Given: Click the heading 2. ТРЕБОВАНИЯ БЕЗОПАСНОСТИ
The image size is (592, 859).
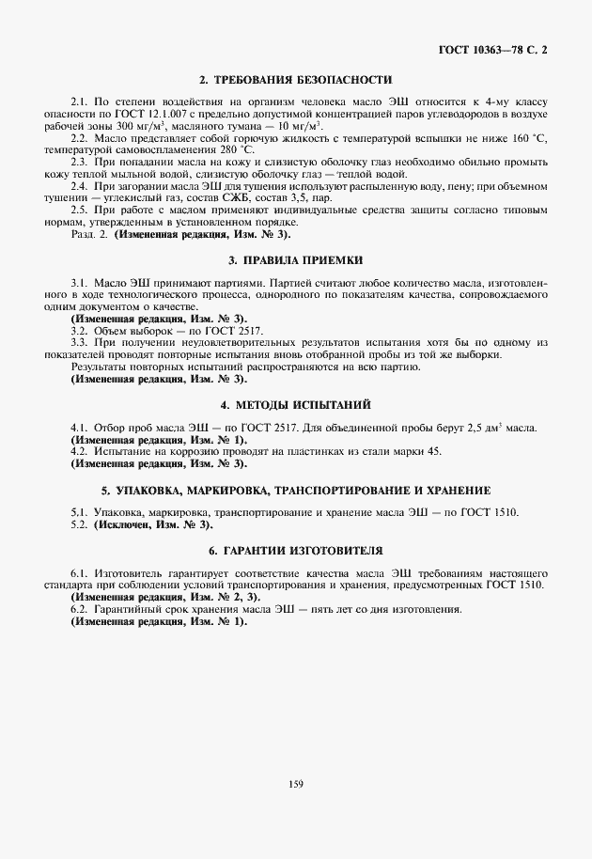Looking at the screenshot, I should (295, 79).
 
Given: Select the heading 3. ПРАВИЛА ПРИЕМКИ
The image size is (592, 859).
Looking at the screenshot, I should (295, 258).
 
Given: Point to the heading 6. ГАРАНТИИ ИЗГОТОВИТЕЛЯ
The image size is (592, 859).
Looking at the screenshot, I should (295, 549).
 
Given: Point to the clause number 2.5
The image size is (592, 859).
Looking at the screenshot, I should (80, 211).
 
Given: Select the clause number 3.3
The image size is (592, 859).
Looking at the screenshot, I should (80, 343).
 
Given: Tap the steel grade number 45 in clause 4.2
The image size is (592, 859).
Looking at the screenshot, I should (434, 452).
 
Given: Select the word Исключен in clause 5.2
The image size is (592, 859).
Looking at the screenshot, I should (123, 523).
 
